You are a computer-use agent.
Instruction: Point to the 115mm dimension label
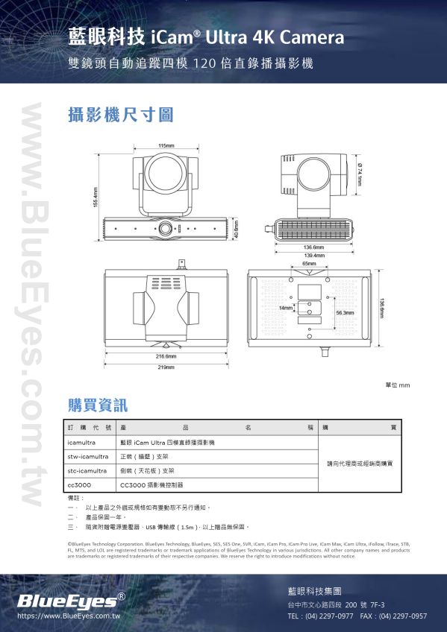coord(166,145)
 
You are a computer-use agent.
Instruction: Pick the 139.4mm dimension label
coord(313,255)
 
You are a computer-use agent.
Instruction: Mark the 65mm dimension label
coord(308,264)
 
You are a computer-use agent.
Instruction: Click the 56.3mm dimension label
coord(345,313)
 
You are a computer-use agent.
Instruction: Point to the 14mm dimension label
coord(286,307)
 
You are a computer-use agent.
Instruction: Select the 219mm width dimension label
coord(166,367)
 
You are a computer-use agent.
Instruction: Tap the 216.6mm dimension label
coord(166,356)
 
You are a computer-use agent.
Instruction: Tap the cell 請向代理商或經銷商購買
coord(360,464)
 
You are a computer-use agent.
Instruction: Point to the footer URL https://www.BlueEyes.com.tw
coord(69,617)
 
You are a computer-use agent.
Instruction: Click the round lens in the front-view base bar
coord(165,227)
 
